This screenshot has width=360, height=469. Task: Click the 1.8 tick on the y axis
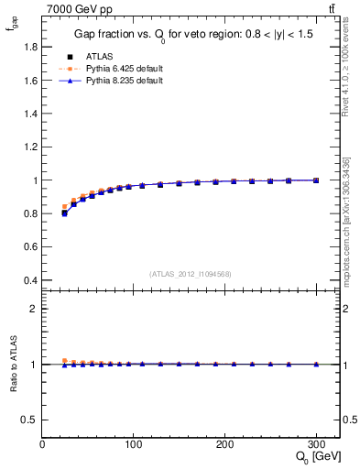tap(31, 48)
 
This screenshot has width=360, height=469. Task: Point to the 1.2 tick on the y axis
tap(31, 147)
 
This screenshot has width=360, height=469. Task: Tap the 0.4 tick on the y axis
tap(31, 280)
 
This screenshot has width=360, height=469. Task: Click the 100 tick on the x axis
tap(134, 444)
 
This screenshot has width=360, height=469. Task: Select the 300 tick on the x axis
tap(316, 444)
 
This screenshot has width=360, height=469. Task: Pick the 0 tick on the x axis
tap(42, 444)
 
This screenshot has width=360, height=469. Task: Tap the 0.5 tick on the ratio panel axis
tap(30, 420)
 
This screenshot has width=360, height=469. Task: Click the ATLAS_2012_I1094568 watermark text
tap(191, 272)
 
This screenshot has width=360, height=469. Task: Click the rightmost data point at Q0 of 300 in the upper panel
tap(316, 180)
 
